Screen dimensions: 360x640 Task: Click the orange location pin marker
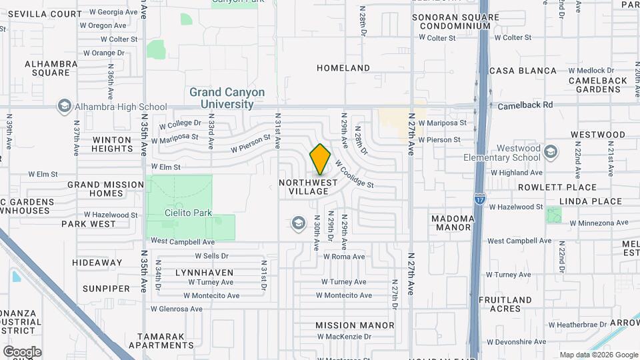click(x=320, y=159)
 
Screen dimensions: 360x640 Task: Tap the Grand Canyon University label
click(x=227, y=98)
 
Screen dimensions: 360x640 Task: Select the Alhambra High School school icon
click(x=65, y=106)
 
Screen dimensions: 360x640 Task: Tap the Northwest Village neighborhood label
click(x=304, y=187)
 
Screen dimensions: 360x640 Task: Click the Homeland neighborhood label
click(x=343, y=68)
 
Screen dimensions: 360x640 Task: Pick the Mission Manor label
click(x=355, y=325)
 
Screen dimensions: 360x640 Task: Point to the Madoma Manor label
click(x=453, y=223)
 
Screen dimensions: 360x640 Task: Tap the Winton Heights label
click(x=112, y=144)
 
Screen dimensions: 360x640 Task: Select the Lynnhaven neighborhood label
click(x=204, y=273)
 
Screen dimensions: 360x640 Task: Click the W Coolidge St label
click(x=354, y=173)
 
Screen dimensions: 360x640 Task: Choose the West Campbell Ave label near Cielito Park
click(x=182, y=241)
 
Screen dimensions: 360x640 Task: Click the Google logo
click(x=22, y=352)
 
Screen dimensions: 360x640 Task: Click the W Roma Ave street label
click(x=344, y=257)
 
